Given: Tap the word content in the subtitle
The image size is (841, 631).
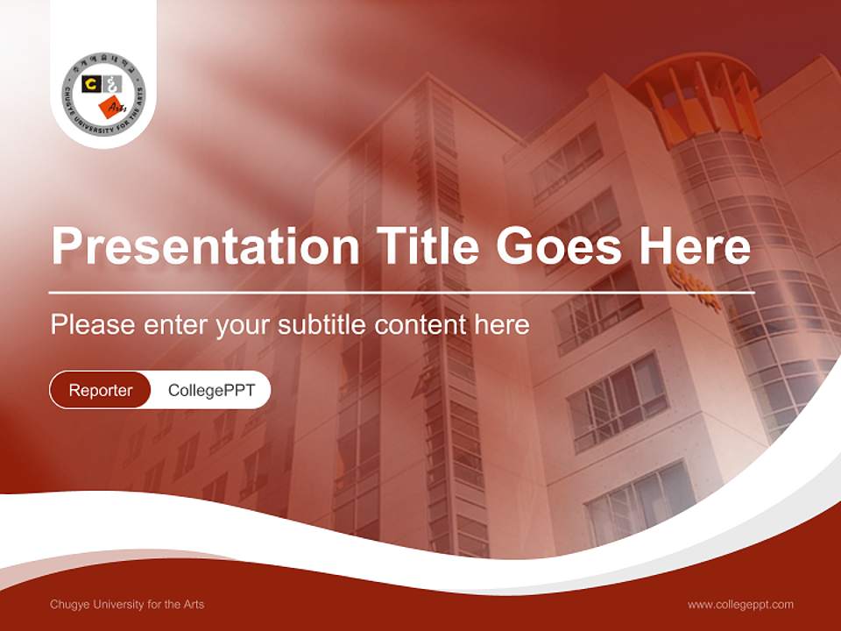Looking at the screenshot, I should click(x=420, y=325).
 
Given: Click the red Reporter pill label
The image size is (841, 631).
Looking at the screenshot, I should click(x=100, y=390).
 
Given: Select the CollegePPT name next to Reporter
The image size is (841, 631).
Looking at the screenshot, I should click(x=211, y=390).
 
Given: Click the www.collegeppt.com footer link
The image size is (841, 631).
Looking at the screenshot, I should click(x=740, y=605).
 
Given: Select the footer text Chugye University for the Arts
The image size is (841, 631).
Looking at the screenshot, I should click(x=127, y=605).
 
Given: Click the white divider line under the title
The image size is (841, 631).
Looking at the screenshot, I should click(x=401, y=292).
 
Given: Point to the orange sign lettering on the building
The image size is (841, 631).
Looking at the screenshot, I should click(x=695, y=289).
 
